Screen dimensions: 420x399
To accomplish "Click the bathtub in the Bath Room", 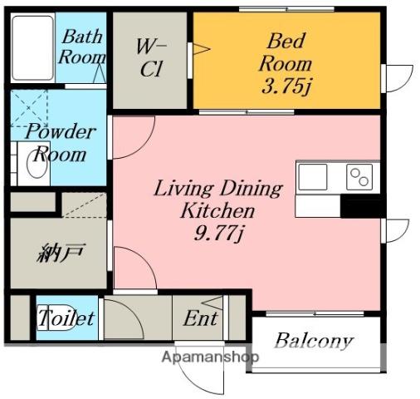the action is (32, 47).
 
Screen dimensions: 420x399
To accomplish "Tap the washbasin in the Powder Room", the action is (37, 165).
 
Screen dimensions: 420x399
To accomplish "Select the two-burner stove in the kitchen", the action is (359, 177).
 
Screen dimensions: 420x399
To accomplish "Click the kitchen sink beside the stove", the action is (313, 177).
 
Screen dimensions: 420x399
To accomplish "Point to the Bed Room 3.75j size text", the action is (286, 86).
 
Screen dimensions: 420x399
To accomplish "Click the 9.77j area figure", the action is (218, 233).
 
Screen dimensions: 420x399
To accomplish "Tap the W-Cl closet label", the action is (151, 57).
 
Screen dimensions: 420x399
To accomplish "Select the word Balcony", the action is (315, 341).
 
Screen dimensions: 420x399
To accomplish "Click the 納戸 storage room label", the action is (60, 253).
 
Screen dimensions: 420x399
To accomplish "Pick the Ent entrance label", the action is (201, 318).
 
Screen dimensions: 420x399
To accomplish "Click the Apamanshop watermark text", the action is (210, 357).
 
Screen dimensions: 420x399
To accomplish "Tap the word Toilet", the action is (66, 318).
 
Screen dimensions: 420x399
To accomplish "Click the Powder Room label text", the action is (60, 142).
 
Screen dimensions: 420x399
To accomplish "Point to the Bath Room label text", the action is (82, 47).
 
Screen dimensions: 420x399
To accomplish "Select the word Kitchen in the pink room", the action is (217, 210).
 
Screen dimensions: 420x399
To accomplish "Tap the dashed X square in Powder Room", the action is (29, 109).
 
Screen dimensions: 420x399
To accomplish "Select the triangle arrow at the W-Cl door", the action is (201, 49).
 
